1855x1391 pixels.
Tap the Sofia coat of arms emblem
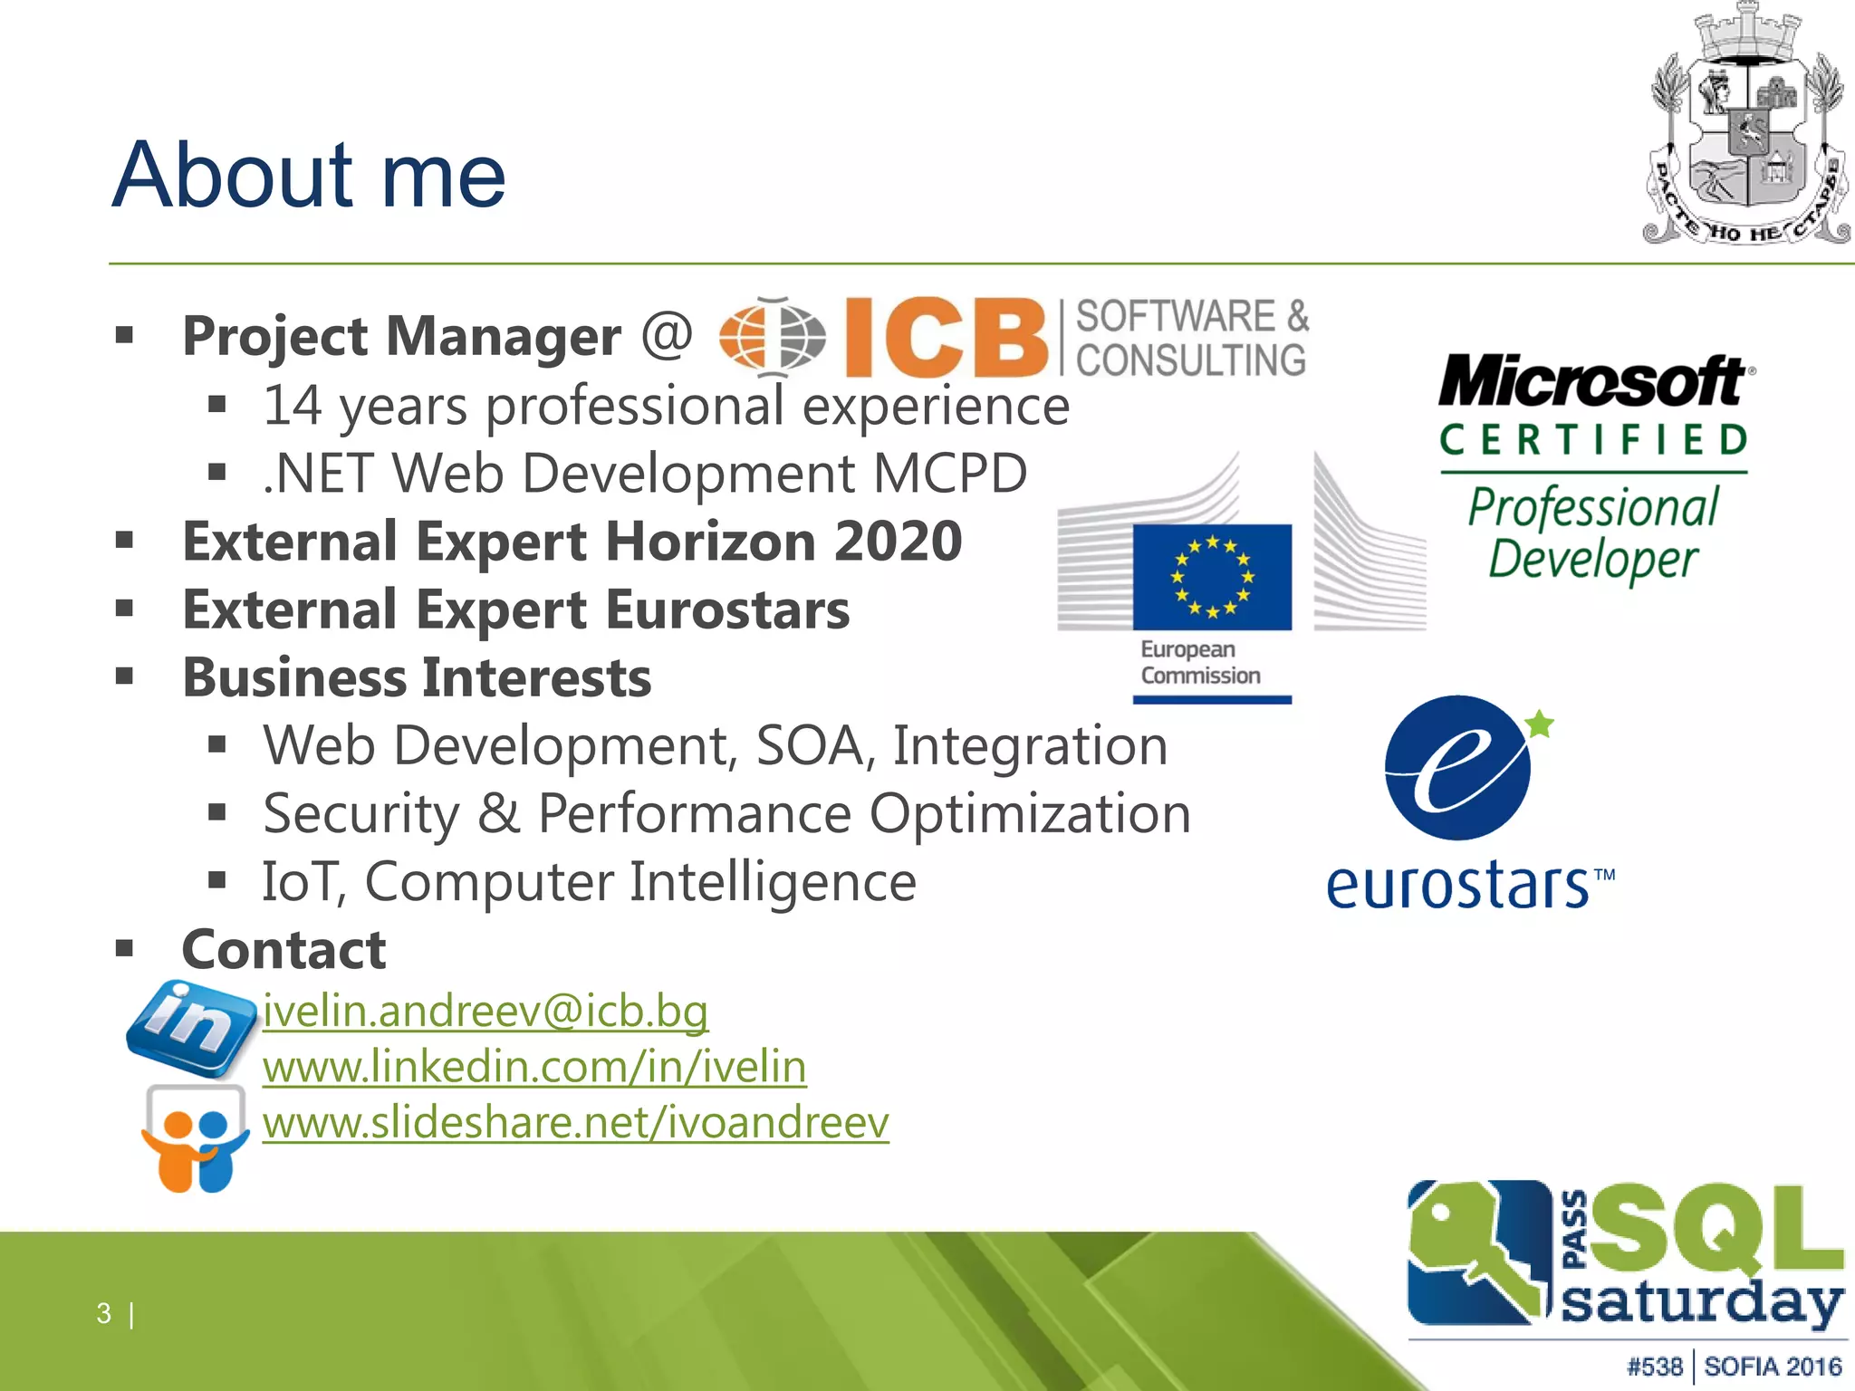[x=1744, y=127]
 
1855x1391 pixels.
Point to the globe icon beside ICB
[x=772, y=337]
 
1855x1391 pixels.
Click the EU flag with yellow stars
[x=1212, y=577]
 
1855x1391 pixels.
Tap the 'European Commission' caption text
[x=1199, y=663]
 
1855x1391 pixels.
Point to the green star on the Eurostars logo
[x=1539, y=724]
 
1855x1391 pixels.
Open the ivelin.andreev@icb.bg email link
[x=485, y=1011]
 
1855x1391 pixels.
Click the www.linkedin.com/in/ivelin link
[x=534, y=1067]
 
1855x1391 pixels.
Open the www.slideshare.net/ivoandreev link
[x=575, y=1123]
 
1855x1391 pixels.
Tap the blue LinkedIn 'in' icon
[x=191, y=1028]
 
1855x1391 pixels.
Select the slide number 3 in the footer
[x=104, y=1313]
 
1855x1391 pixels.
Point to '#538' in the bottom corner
[x=1654, y=1366]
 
